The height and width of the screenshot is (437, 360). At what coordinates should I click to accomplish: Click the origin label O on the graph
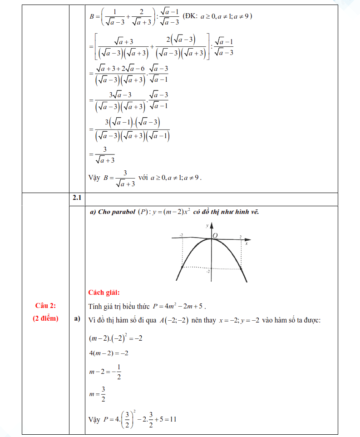[215, 235]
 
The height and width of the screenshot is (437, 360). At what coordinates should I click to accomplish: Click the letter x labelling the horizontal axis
[247, 243]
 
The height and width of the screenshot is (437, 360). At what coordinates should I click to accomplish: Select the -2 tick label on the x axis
[181, 234]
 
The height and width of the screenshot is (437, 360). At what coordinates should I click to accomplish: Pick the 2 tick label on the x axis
[240, 236]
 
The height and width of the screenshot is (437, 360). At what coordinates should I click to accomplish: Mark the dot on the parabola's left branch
[182, 267]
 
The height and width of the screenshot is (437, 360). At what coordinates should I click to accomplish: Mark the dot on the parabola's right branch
[241, 269]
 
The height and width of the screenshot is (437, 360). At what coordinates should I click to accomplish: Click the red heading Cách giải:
[104, 293]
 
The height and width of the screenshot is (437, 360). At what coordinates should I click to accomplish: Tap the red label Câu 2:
[45, 306]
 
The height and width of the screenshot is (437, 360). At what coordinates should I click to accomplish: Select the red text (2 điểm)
[45, 318]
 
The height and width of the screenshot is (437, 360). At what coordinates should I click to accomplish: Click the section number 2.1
[76, 199]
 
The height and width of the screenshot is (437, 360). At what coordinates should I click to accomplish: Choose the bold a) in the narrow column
[76, 319]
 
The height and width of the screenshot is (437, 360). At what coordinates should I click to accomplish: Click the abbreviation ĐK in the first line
[190, 16]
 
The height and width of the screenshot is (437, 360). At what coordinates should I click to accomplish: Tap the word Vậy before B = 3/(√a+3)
[94, 178]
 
